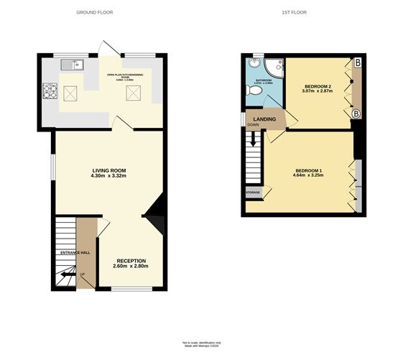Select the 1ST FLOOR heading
pyautogui.click(x=296, y=12)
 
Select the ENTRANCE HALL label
pyautogui.click(x=75, y=253)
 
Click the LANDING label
pyautogui.click(x=264, y=119)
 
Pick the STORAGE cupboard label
pyautogui.click(x=253, y=193)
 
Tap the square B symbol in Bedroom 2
pyautogui.click(x=357, y=63)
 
